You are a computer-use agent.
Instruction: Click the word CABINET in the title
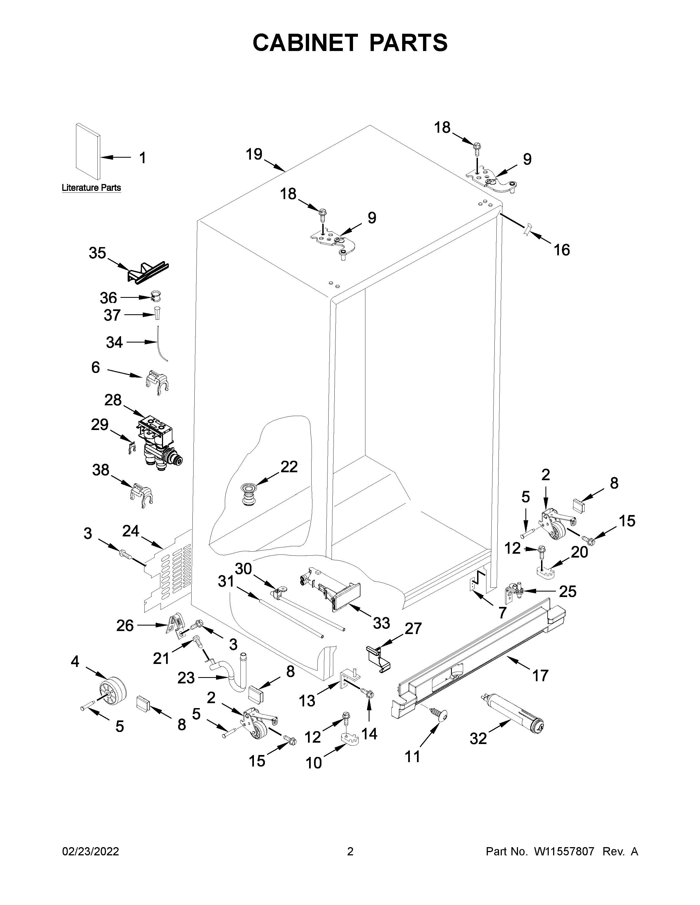(305, 43)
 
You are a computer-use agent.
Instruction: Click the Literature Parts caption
(91, 188)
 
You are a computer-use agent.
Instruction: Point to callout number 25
(567, 591)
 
